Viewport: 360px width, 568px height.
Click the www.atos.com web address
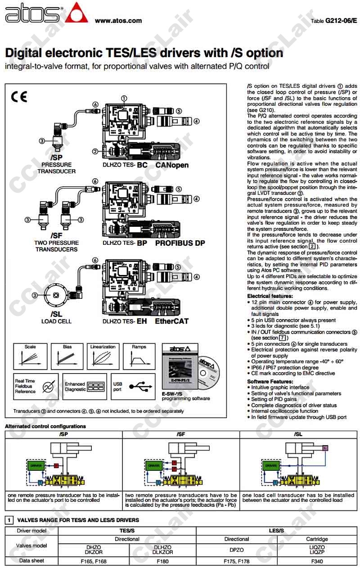coord(118,20)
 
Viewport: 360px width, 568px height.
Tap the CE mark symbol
coord(19,97)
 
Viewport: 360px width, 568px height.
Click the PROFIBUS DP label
coord(180,243)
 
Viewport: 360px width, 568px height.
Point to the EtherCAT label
coord(172,321)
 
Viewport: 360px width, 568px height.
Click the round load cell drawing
coord(56,295)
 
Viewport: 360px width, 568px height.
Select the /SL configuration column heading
coord(298,434)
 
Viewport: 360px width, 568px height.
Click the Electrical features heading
coord(270,296)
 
